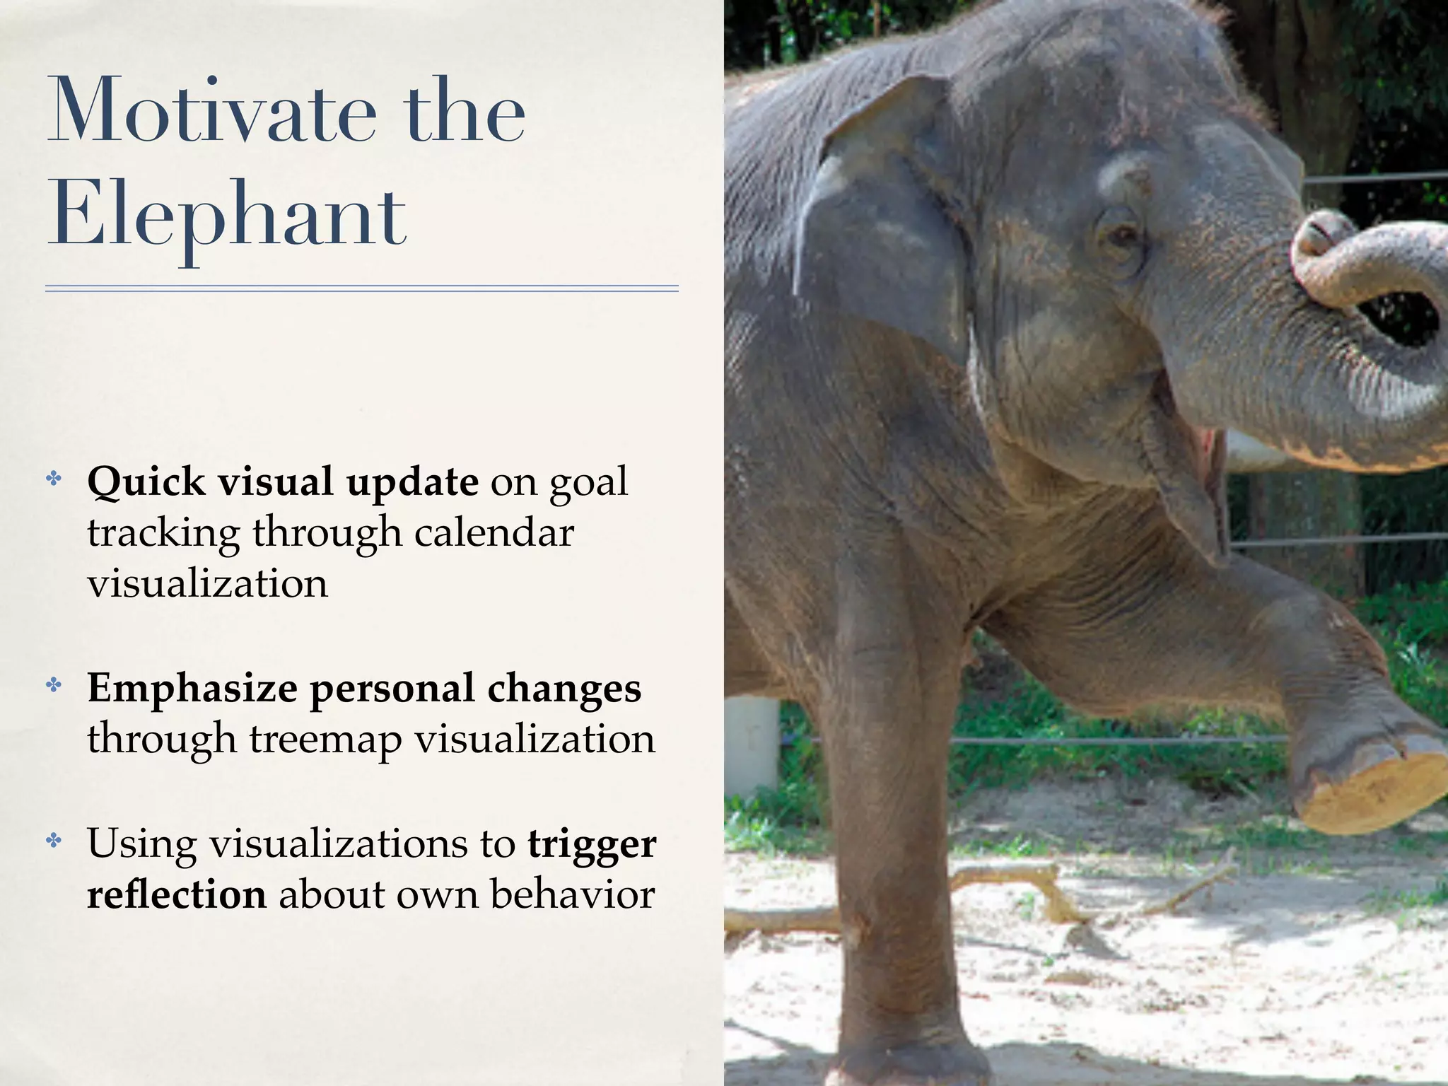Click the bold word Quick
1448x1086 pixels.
click(x=146, y=483)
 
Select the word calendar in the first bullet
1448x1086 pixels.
click(x=494, y=532)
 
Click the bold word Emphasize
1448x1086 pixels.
click(x=192, y=689)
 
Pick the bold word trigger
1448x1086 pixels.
click(x=592, y=844)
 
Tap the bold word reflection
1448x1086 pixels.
click(x=177, y=895)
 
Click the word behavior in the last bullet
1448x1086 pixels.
click(x=572, y=895)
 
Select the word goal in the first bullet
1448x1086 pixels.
click(x=588, y=483)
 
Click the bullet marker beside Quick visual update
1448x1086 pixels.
click(x=54, y=479)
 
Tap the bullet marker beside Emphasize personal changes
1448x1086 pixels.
click(x=54, y=684)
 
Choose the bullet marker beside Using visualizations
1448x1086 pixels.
click(x=54, y=840)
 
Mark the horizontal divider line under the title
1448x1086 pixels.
click(x=361, y=288)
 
